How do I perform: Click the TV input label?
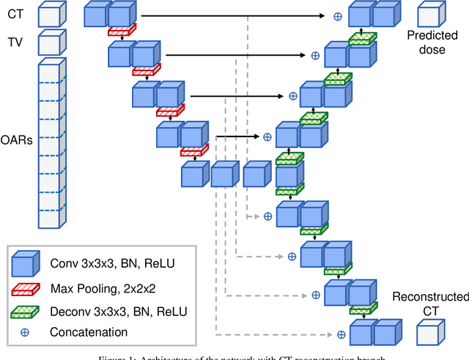click(14, 43)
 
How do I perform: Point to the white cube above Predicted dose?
click(430, 14)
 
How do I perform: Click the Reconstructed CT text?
click(430, 304)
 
